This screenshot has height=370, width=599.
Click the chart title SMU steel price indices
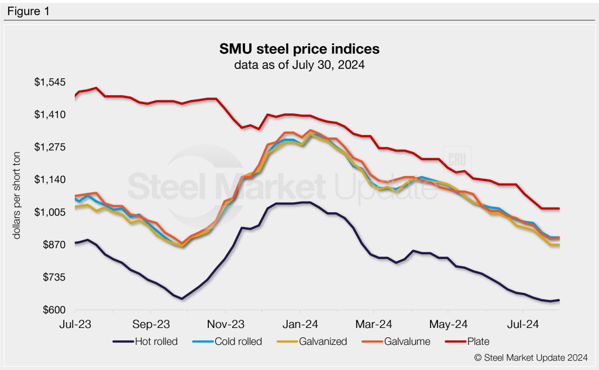(299, 47)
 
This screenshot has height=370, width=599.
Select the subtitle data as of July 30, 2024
(299, 65)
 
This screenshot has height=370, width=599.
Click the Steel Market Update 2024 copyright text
(532, 357)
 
